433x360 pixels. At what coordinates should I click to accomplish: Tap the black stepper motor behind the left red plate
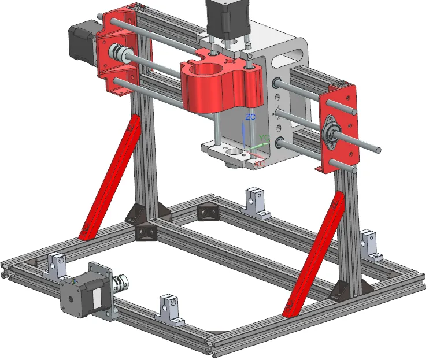pos(84,44)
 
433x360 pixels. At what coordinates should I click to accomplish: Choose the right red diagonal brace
pos(315,254)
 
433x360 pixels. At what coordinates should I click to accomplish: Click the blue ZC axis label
pos(250,117)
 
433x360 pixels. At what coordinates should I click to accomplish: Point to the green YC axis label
pos(264,138)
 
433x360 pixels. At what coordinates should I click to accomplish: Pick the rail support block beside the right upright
pos(369,243)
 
